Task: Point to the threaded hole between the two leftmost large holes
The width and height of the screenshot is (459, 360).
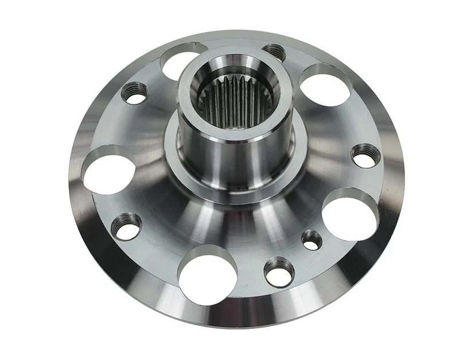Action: tap(135, 91)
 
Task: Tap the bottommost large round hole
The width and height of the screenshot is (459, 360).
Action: tap(205, 269)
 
